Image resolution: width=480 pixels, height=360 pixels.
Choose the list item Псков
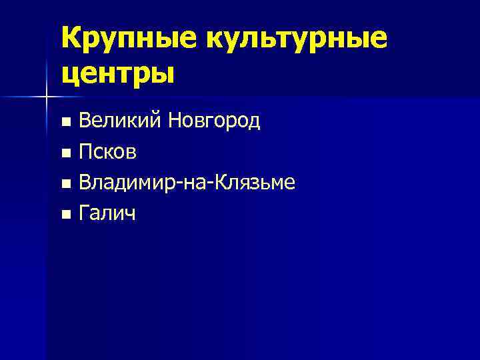click(108, 153)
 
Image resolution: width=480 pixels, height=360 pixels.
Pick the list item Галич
click(106, 214)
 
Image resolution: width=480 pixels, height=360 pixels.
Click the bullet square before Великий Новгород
click(65, 123)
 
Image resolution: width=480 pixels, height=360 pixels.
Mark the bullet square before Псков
click(65, 153)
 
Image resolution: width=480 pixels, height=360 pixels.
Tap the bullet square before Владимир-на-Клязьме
click(65, 184)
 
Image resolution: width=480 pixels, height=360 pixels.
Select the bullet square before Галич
click(65, 215)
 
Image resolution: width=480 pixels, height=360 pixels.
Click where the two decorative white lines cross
click(46, 97)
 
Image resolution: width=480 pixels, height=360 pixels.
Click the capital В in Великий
click(85, 121)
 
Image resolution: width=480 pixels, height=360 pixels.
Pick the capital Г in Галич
click(84, 213)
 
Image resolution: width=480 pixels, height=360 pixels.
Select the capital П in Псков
click(85, 153)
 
